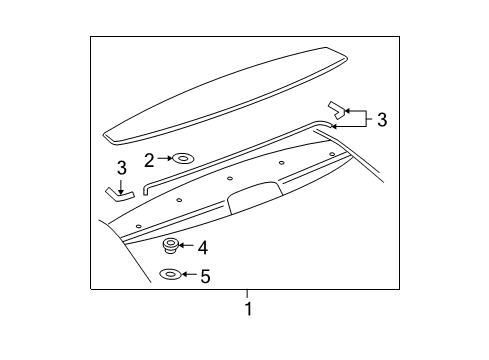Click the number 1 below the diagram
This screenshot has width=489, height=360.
248,309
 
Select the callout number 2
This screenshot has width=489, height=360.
149,159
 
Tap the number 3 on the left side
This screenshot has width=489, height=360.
121,168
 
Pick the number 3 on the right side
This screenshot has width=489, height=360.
381,120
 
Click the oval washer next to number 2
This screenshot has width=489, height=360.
184,158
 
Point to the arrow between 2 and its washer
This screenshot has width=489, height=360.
164,158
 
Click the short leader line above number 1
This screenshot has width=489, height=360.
248,294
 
